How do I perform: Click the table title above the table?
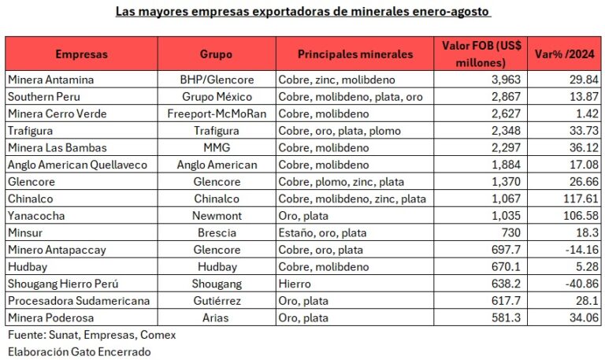(x=303, y=12)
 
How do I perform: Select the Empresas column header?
(x=81, y=54)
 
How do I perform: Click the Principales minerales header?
(x=354, y=54)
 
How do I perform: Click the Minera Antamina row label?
(x=50, y=80)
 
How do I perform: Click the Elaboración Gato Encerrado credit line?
(x=78, y=351)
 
